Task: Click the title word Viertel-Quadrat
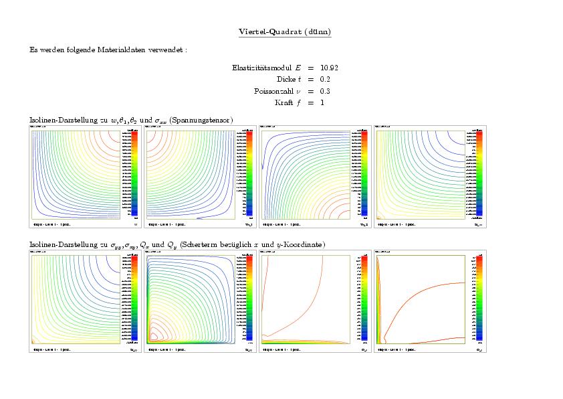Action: coord(269,31)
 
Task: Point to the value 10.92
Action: coord(329,68)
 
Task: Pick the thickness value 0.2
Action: coord(326,79)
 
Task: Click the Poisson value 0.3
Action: coord(326,90)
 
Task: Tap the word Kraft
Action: coord(284,102)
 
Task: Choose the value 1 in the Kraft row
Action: coord(322,102)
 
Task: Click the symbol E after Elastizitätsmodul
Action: coord(298,68)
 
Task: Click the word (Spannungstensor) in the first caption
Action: coord(201,120)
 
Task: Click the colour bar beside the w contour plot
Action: coord(134,173)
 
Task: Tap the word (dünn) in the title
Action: coord(318,31)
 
